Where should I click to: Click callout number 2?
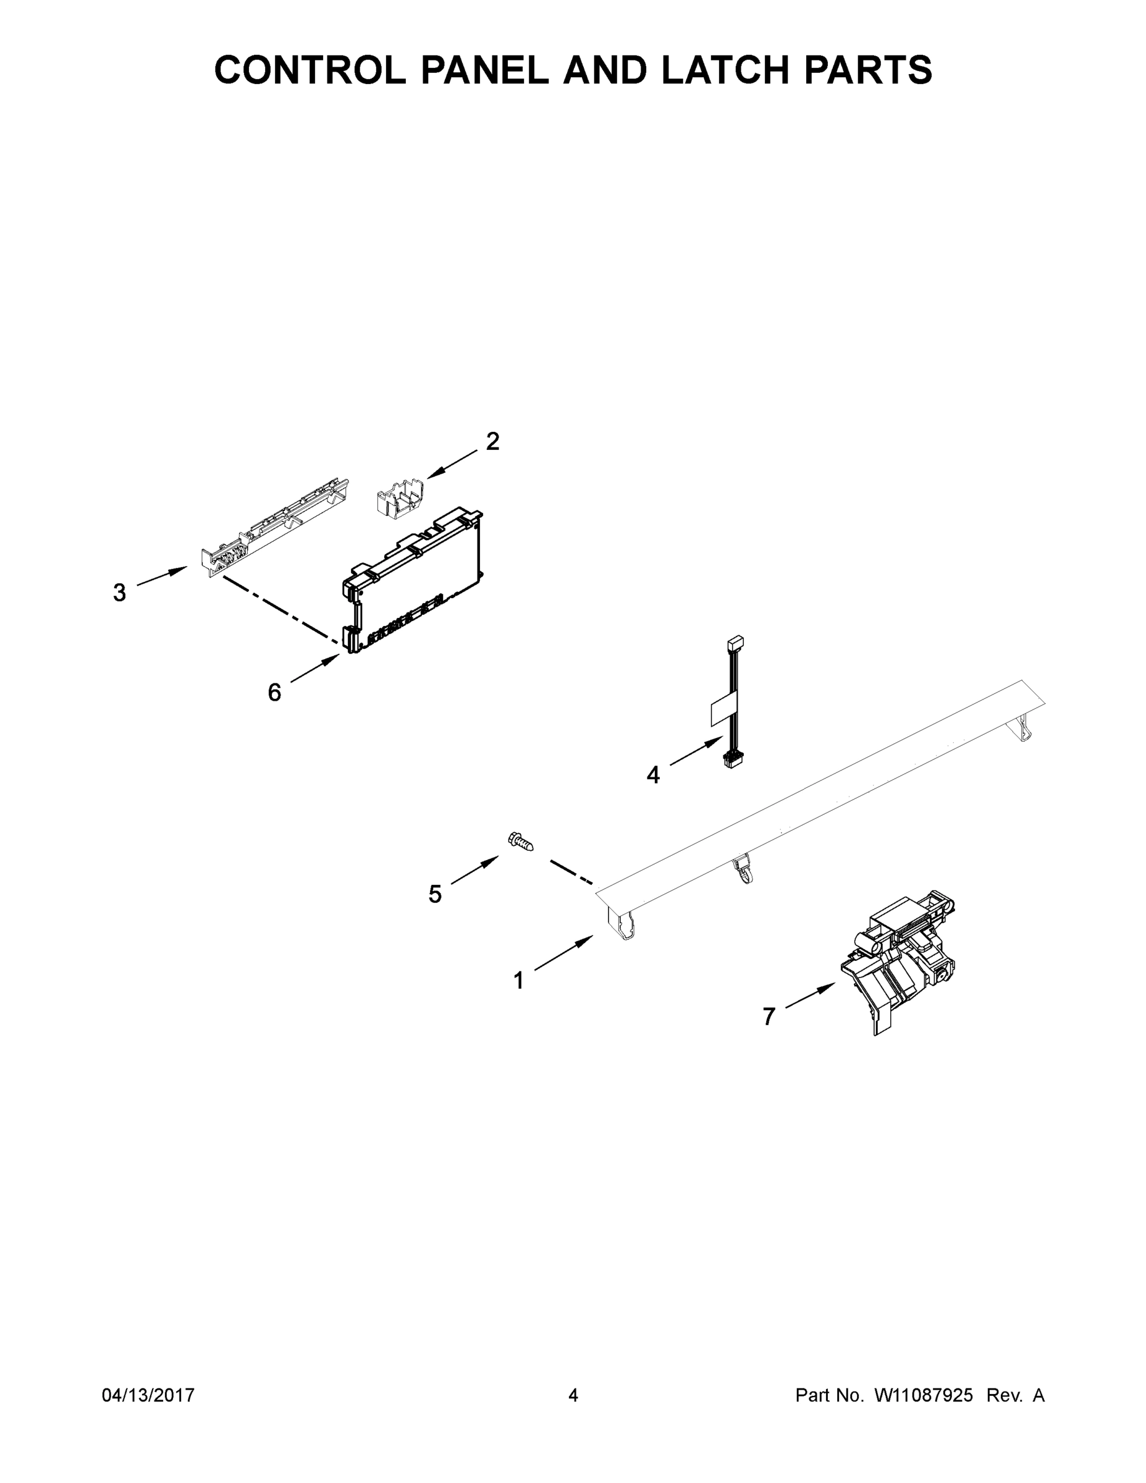pos(493,442)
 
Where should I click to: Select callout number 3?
pos(119,593)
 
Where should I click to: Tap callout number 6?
pos(274,693)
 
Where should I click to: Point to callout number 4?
pos(653,775)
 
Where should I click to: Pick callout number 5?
pos(435,894)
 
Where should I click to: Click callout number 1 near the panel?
pos(519,981)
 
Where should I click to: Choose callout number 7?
pos(769,1016)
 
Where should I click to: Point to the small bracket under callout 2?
pos(400,499)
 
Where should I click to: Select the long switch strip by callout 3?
pos(277,530)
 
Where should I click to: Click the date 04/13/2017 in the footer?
pos(148,1395)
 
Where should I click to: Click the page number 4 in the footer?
pos(573,1395)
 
